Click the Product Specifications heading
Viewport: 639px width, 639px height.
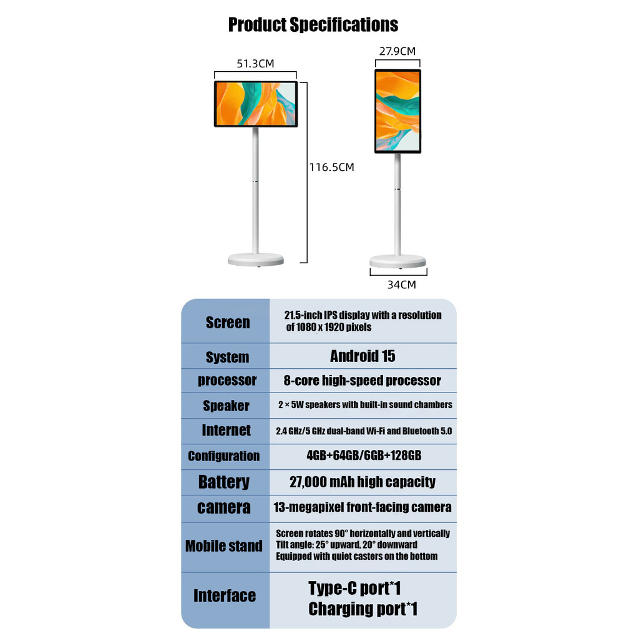coord(313,25)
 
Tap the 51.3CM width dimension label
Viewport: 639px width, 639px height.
coord(255,64)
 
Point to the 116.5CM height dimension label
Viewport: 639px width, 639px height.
coord(332,167)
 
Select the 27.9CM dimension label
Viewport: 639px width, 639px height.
coord(398,51)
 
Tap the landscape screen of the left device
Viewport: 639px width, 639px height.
coord(256,104)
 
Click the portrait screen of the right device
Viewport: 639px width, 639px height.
coord(398,111)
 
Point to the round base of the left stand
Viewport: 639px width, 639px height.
coord(256,258)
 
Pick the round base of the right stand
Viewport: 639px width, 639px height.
coord(398,261)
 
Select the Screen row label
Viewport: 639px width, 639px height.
coord(227,323)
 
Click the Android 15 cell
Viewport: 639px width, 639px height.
coord(363,356)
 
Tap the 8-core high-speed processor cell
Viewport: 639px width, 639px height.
coord(363,381)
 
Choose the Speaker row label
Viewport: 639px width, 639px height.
coord(226,406)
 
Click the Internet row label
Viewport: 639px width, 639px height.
coord(226,431)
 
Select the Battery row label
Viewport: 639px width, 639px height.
coord(224,482)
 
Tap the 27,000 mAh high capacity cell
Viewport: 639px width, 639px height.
coord(363,482)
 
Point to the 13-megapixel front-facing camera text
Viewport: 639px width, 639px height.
coord(363,507)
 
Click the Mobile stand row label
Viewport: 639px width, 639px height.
coord(224,546)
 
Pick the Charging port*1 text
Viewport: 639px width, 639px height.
coord(363,609)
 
